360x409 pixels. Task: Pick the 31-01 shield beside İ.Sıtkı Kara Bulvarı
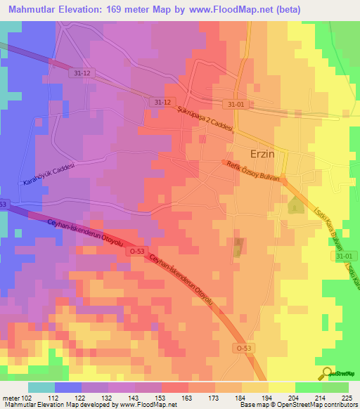[x=342, y=257]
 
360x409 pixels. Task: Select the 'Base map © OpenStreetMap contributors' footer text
[x=298, y=405]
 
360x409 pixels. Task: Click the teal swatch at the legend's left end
[x=41, y=387]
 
